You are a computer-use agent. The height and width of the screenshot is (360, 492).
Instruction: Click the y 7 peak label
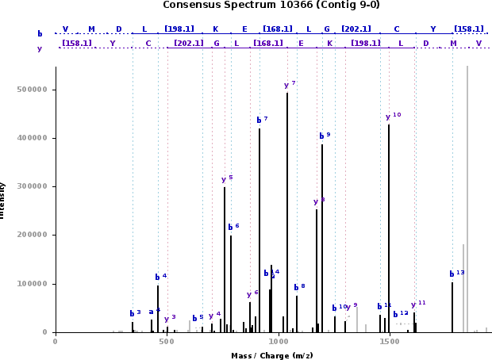point(290,85)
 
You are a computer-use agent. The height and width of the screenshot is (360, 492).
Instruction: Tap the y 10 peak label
point(393,117)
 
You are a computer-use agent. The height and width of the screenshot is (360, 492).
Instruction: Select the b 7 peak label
point(262,120)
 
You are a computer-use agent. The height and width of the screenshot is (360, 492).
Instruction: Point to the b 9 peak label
point(325,136)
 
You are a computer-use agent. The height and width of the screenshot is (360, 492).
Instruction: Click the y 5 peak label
point(227,179)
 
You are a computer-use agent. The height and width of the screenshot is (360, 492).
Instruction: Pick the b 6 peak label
point(233,227)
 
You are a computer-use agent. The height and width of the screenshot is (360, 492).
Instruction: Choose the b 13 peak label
point(456,274)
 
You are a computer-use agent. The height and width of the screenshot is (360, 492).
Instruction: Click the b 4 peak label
point(160,277)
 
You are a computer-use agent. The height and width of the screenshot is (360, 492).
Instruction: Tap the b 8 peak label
point(299,287)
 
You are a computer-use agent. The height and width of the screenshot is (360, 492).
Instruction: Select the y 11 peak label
point(418,304)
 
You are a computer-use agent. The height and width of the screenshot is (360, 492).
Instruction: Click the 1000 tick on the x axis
point(278,341)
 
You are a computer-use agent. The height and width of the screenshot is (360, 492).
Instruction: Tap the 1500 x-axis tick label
point(389,341)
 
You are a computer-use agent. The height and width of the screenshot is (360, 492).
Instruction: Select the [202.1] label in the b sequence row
point(356,29)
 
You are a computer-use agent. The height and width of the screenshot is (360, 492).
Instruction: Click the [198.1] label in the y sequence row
point(365,43)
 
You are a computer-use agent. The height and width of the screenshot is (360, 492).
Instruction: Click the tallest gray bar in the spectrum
point(467,198)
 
